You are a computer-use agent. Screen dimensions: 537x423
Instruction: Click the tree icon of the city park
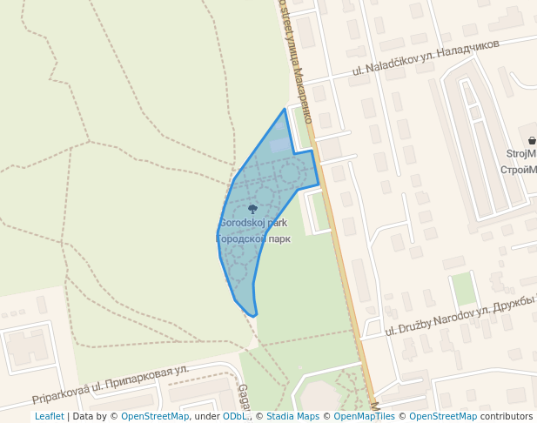(x=252, y=209)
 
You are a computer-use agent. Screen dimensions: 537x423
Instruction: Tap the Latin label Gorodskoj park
(x=252, y=223)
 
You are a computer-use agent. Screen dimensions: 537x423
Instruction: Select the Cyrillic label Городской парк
(x=252, y=238)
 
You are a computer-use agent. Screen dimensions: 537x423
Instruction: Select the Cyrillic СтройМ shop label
(x=519, y=169)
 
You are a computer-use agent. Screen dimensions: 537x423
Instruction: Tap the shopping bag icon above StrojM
(x=531, y=140)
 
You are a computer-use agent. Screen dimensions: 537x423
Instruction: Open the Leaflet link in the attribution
(x=49, y=417)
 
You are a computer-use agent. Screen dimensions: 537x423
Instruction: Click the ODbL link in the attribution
(x=234, y=417)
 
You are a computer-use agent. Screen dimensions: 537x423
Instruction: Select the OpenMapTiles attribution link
(x=362, y=417)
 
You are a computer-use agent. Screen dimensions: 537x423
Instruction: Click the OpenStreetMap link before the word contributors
(x=443, y=417)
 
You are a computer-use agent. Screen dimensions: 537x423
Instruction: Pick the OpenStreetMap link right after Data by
(x=154, y=417)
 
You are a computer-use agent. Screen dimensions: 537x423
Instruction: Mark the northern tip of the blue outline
(x=285, y=110)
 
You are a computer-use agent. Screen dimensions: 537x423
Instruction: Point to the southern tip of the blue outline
(x=254, y=315)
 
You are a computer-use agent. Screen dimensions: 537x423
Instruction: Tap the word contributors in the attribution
(x=507, y=417)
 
